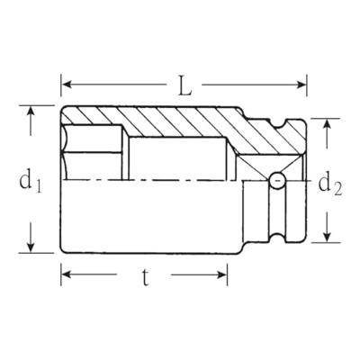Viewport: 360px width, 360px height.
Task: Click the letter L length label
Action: [x=184, y=86]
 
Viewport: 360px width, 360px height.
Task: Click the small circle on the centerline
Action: [x=276, y=180]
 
